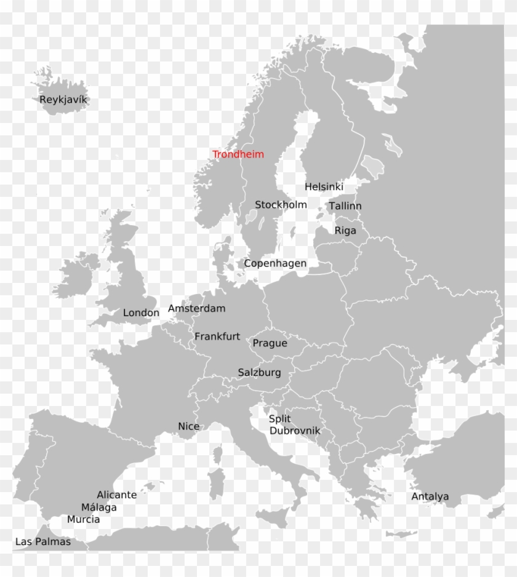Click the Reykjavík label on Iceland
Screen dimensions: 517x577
[64, 100]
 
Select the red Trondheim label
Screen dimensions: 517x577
[238, 154]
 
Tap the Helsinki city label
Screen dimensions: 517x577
[324, 186]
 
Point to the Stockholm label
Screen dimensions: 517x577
[281, 204]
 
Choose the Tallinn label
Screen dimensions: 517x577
[345, 206]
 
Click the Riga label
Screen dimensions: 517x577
[345, 231]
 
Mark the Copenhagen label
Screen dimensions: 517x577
[275, 263]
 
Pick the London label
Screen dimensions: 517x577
[141, 312]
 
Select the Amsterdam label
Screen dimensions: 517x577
[196, 308]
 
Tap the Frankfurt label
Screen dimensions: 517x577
[217, 336]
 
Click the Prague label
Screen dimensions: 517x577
[270, 343]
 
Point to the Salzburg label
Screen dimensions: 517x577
[259, 373]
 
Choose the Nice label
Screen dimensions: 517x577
[188, 426]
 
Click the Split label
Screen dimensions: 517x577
[279, 419]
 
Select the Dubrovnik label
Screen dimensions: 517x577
[295, 431]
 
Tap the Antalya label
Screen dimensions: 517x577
[430, 497]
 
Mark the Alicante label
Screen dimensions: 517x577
[116, 495]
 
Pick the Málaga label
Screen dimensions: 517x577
[98, 507]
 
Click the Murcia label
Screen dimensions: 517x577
[83, 520]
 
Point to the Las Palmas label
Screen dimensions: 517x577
[42, 542]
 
